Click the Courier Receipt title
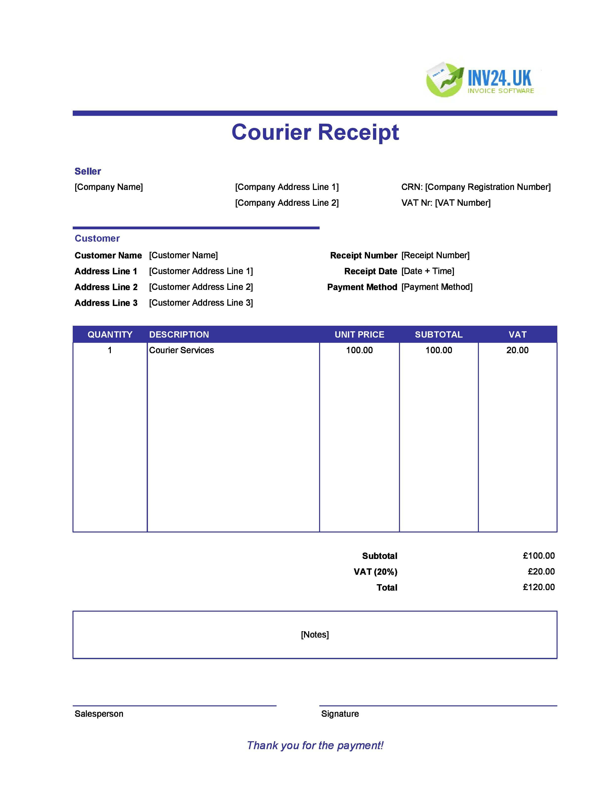(315, 132)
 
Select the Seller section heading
(88, 171)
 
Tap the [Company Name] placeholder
(109, 187)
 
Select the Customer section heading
(97, 238)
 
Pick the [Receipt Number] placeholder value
(435, 255)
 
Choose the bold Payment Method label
(362, 287)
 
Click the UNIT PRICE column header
(359, 334)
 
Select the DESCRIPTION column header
(179, 334)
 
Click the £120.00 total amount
(539, 587)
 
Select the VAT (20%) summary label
(375, 572)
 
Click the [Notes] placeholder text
(315, 635)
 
